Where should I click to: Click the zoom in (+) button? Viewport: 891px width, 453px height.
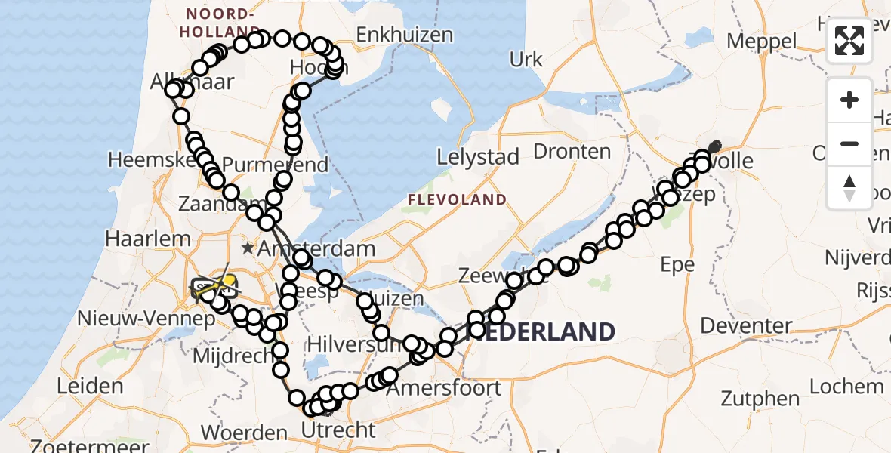(849, 100)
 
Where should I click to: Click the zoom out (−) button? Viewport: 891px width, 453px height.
(849, 143)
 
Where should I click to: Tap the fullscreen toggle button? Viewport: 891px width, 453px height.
(849, 41)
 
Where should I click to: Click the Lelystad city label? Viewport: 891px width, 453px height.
(478, 158)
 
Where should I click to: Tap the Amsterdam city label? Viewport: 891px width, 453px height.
(316, 248)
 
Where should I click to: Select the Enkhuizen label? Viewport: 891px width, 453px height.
(405, 35)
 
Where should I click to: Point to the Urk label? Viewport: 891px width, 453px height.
(526, 60)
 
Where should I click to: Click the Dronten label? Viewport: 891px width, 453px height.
(572, 151)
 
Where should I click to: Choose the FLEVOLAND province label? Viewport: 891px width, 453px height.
(457, 200)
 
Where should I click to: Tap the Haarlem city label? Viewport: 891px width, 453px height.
(148, 239)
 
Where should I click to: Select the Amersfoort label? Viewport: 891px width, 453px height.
(443, 388)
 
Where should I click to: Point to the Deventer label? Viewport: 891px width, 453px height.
(746, 326)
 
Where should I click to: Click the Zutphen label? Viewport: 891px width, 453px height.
(760, 398)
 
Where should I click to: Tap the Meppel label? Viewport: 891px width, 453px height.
(762, 41)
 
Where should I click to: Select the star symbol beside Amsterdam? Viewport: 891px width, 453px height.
(247, 248)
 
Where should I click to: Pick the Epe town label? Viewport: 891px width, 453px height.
(677, 264)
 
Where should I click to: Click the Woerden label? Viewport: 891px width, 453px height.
(244, 433)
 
